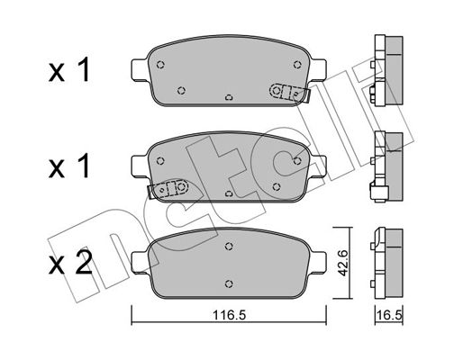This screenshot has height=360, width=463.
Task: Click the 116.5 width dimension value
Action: (x=229, y=315)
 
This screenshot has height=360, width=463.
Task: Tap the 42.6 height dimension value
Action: (x=342, y=263)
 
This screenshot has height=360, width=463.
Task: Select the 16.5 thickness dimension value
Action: (x=389, y=315)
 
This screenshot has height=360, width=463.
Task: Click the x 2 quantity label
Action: (x=70, y=263)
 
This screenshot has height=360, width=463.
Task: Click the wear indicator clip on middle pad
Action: (x=168, y=189)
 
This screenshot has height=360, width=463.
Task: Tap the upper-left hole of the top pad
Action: (x=160, y=65)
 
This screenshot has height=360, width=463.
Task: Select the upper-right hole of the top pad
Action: (x=297, y=65)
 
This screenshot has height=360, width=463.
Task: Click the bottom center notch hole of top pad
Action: (x=229, y=97)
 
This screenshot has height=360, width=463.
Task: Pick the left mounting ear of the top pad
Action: (x=140, y=69)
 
